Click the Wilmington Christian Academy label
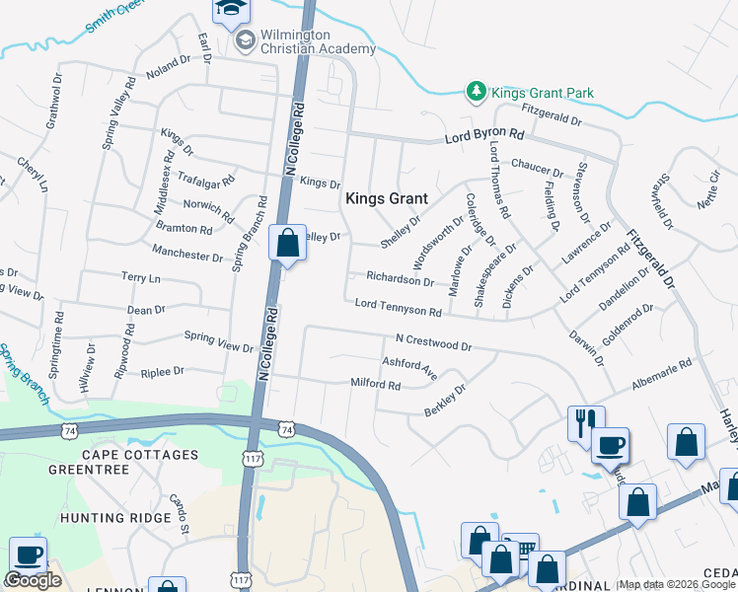point(318,41)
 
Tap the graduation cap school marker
point(233,10)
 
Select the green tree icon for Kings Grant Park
point(477,92)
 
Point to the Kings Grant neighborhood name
point(386,198)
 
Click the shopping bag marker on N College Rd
point(287,243)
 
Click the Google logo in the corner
point(33,580)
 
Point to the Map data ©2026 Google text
point(677,584)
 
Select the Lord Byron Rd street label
point(483,133)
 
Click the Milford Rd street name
point(375,383)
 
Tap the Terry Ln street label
point(140,279)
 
